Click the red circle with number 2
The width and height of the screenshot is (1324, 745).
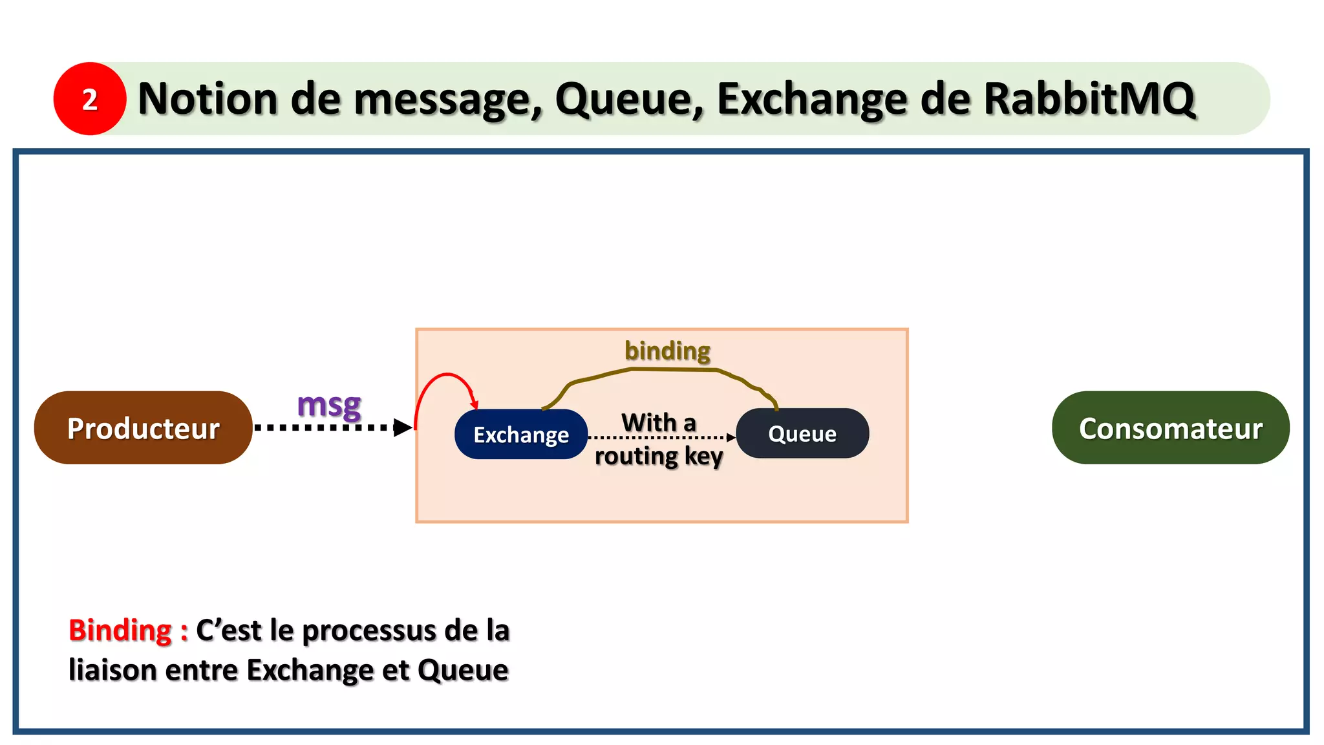click(90, 99)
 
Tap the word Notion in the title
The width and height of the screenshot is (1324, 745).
click(208, 99)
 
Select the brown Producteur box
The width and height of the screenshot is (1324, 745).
click(143, 428)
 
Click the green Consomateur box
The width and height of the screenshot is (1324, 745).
click(1170, 428)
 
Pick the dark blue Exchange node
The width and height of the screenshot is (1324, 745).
click(521, 435)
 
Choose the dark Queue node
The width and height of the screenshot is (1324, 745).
click(802, 433)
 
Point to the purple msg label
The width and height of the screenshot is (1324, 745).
click(329, 405)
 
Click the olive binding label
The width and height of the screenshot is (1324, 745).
click(667, 351)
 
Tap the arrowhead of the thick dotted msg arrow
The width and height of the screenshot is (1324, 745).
click(402, 427)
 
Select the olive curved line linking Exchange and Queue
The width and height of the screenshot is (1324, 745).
click(666, 369)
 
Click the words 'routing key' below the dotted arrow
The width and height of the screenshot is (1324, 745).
click(658, 457)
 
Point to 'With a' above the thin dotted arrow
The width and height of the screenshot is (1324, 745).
click(658, 423)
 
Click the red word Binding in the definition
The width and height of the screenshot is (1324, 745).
click(120, 631)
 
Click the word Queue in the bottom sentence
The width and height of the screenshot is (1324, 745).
click(463, 670)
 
